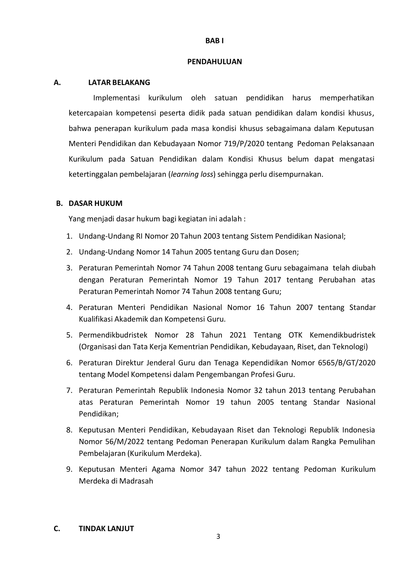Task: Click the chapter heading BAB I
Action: tap(214, 41)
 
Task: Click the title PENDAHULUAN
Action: tap(215, 62)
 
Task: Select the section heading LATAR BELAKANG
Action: tap(119, 83)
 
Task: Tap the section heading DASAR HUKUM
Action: tap(95, 203)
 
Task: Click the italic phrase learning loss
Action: tap(192, 174)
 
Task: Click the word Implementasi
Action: tap(116, 98)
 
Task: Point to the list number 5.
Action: tap(69, 335)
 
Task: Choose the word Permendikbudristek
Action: tap(113, 335)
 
